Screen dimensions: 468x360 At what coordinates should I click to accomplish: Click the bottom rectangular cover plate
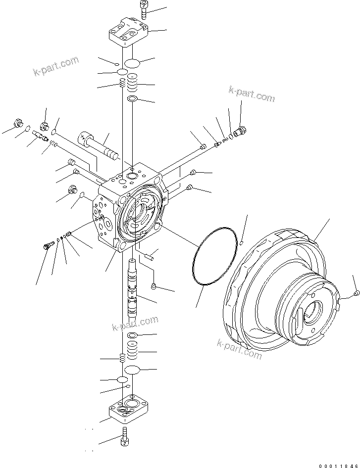coord(128,409)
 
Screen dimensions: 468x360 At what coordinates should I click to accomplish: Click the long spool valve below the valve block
coord(133,292)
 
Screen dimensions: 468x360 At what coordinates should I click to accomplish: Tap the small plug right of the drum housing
coord(357,294)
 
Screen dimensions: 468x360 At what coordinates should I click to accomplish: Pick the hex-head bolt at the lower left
coord(49,244)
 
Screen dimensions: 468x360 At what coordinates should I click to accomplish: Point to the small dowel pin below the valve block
coord(151,256)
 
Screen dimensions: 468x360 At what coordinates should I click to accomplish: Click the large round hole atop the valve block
coord(132,176)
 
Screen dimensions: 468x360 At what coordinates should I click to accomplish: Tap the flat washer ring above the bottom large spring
coord(133,335)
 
